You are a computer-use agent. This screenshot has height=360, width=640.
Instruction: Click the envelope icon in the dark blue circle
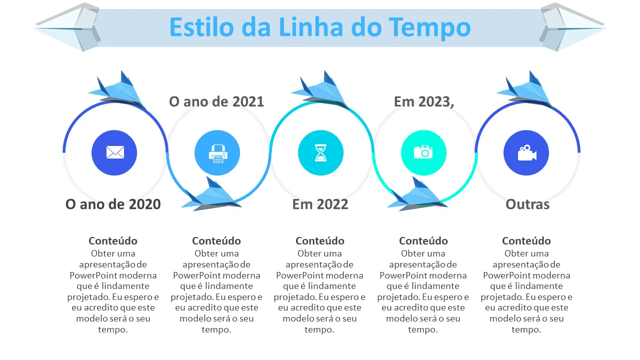click(x=115, y=152)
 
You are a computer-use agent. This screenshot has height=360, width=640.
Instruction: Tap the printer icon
click(x=218, y=153)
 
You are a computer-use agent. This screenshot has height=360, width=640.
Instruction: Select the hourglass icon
click(x=320, y=153)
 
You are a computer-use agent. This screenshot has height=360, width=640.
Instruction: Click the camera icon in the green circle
click(x=423, y=151)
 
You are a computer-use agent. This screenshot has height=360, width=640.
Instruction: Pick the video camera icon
click(x=527, y=153)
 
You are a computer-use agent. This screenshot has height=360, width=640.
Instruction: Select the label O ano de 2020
click(x=113, y=204)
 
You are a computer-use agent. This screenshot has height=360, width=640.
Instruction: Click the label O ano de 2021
click(x=216, y=101)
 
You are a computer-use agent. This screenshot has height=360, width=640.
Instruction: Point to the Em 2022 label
click(x=320, y=204)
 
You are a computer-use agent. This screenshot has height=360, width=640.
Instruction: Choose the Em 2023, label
click(x=424, y=102)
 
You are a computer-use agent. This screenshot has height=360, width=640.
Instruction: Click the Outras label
click(x=527, y=204)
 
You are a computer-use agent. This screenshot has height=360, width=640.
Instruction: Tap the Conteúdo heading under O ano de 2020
click(x=113, y=241)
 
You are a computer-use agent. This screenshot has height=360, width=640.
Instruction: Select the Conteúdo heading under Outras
click(x=526, y=241)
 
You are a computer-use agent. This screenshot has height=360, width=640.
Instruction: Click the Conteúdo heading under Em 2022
click(x=319, y=241)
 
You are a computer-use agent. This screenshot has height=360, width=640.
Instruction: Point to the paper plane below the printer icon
click(x=212, y=194)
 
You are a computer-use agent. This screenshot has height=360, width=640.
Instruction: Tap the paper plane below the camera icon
click(x=417, y=194)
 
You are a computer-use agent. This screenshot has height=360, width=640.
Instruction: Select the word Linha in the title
click(x=311, y=27)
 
